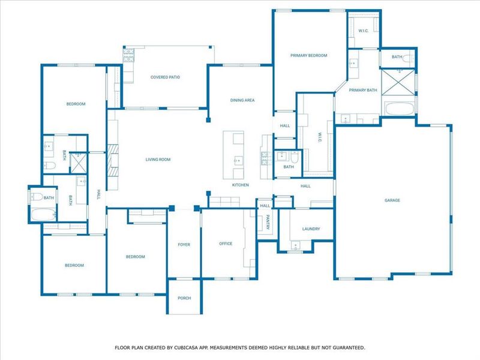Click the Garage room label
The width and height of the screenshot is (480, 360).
tap(392, 200)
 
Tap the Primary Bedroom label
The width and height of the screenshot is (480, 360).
tap(308, 55)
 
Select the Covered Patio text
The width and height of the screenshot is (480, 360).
tap(166, 77)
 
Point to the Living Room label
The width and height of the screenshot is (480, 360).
tap(158, 160)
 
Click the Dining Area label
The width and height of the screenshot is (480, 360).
tap(243, 100)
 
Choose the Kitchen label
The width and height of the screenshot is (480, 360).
tap(241, 185)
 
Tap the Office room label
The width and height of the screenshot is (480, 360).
tap(226, 244)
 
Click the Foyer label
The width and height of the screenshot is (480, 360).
tap(184, 244)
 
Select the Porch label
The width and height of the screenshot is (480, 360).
tap(184, 298)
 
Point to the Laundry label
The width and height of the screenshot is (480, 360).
tap(311, 229)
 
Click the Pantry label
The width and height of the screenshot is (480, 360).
tap(268, 222)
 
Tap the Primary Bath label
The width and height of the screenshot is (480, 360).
tap(363, 90)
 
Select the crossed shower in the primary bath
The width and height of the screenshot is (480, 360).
tap(398, 82)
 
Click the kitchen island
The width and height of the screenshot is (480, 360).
tap(235, 155)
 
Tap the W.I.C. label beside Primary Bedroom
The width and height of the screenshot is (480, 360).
tap(363, 31)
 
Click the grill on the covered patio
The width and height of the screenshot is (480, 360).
tap(129, 56)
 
